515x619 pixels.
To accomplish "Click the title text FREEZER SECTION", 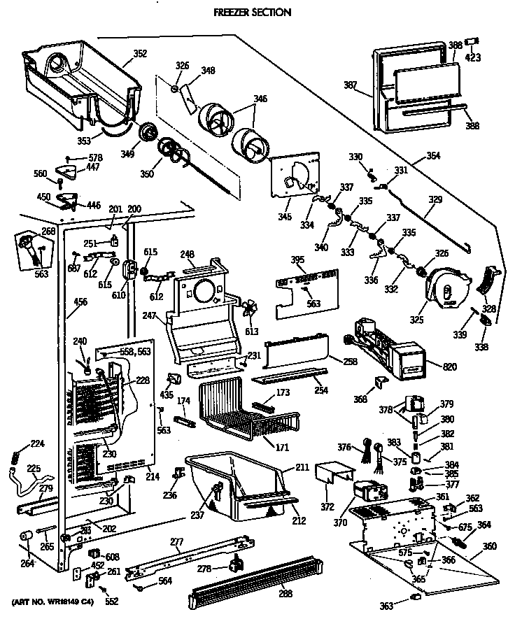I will coord(252,13).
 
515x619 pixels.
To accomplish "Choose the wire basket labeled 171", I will coord(238,413).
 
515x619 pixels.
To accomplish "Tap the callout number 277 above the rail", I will coord(176,541).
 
